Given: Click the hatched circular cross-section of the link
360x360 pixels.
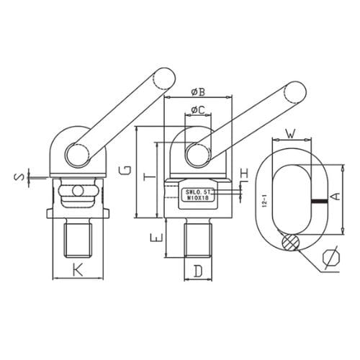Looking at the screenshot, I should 289,243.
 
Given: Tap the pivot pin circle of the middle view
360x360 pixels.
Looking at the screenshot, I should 193,155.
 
